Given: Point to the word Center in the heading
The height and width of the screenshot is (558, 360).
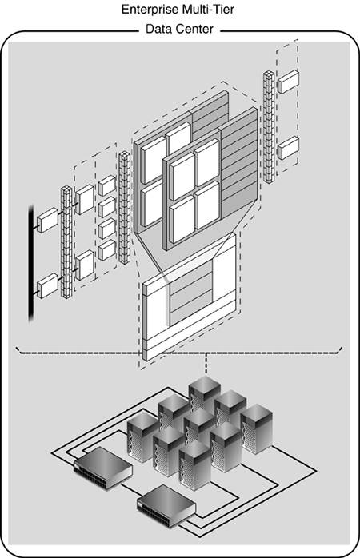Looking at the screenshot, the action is [x=194, y=29].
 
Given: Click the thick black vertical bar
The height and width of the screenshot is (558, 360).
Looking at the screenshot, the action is [x=31, y=263].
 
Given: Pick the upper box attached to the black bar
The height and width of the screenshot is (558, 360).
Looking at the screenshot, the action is [x=47, y=221].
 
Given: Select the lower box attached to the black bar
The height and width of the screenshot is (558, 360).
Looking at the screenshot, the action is [x=47, y=285].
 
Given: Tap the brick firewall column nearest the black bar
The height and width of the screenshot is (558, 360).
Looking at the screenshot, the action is [x=66, y=242].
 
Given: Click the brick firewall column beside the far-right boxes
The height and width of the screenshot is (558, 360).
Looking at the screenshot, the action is [x=269, y=126].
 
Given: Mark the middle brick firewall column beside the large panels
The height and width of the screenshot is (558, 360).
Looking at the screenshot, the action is [x=124, y=208].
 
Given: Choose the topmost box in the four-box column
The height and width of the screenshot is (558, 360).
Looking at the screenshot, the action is [x=106, y=185].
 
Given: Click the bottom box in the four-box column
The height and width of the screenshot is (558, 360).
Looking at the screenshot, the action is [x=106, y=250].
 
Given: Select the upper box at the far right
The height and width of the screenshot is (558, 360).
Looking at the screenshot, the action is [x=288, y=82].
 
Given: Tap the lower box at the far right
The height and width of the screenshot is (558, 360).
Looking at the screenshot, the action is [x=288, y=148].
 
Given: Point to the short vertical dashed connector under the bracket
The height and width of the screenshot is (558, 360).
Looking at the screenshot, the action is [x=205, y=364].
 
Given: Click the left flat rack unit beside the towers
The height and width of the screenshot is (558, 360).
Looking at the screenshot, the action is [x=103, y=468].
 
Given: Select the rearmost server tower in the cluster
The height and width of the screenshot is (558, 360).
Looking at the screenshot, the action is [x=204, y=396].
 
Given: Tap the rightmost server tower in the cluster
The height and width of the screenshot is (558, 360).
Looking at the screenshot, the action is [x=257, y=428].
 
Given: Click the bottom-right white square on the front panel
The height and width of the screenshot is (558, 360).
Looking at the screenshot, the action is [x=207, y=205].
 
